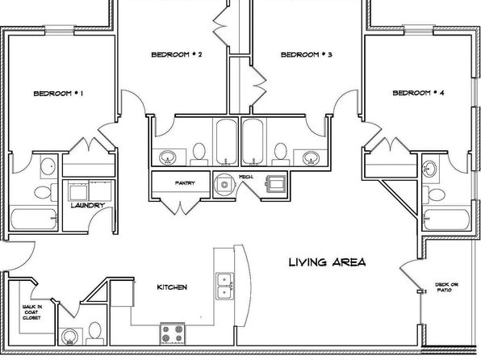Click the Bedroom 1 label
tap(58, 94)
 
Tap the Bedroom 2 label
tap(177, 55)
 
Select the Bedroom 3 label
tap(307, 55)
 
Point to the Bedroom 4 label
tap(418, 93)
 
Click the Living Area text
tap(328, 262)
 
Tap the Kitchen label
tap(172, 287)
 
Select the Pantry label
tap(185, 183)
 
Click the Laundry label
tap(88, 205)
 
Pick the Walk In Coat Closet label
tap(32, 312)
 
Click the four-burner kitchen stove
tap(173, 334)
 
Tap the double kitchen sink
tap(225, 286)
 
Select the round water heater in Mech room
tap(224, 185)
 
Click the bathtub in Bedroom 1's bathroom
tap(34, 219)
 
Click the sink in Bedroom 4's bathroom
tap(429, 169)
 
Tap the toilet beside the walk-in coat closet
tap(94, 333)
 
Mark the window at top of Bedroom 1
tap(60, 30)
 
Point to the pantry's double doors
tap(181, 206)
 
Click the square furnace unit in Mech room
tap(276, 184)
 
